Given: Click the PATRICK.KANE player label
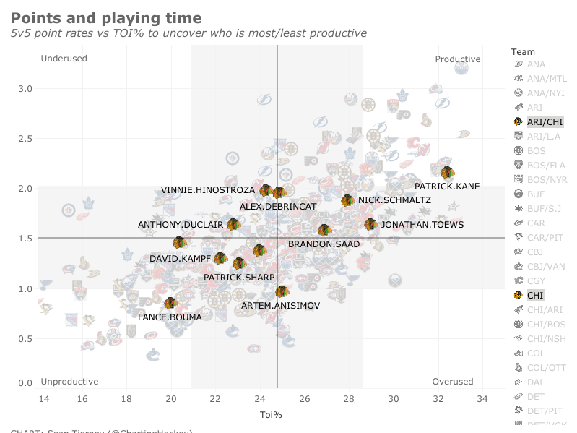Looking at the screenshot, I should click(447, 187).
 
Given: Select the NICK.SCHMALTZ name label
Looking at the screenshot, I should click(394, 200).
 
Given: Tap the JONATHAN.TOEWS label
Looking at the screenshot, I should click(422, 225).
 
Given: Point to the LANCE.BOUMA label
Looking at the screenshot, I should click(165, 317).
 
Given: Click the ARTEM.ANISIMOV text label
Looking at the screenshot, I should click(280, 306).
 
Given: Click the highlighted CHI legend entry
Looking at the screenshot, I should click(535, 295).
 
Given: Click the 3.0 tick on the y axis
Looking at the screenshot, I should click(25, 89).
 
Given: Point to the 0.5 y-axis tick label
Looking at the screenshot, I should click(25, 339).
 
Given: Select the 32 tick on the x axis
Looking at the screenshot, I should click(438, 398).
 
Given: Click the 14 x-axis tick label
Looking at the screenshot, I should click(43, 398).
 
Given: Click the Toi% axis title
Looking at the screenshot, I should click(271, 415).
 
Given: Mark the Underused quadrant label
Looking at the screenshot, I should click(64, 59).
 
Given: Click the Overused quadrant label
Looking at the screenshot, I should click(452, 382).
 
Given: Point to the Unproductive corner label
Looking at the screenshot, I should click(69, 382).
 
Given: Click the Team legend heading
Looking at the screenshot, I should click(523, 51).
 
